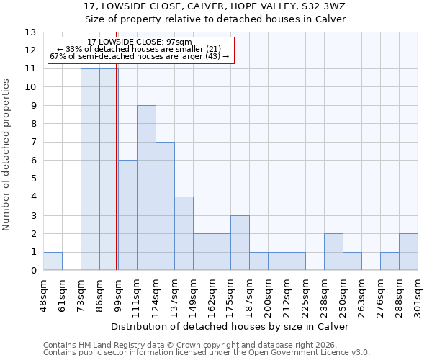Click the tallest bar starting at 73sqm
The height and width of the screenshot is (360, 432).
click(x=90, y=169)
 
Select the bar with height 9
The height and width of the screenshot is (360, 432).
click(x=146, y=187)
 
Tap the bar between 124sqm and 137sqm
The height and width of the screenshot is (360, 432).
click(x=165, y=206)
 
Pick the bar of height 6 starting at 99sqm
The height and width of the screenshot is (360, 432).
click(x=127, y=215)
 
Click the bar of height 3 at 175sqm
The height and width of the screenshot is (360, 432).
click(x=240, y=243)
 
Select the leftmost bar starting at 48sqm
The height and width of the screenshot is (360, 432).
click(x=53, y=261)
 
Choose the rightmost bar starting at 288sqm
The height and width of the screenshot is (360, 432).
click(x=408, y=252)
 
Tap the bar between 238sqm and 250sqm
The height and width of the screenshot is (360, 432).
click(x=333, y=252)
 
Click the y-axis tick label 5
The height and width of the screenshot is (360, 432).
click(x=33, y=179)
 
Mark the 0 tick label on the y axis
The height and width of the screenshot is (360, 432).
click(x=33, y=271)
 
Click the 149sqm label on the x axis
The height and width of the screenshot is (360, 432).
click(x=193, y=293)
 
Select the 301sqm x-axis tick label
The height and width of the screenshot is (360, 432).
click(x=418, y=293)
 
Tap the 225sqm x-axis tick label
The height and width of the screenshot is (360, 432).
click(x=305, y=293)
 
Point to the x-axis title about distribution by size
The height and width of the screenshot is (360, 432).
click(x=230, y=326)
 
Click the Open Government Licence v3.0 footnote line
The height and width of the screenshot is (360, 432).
click(x=207, y=353)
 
